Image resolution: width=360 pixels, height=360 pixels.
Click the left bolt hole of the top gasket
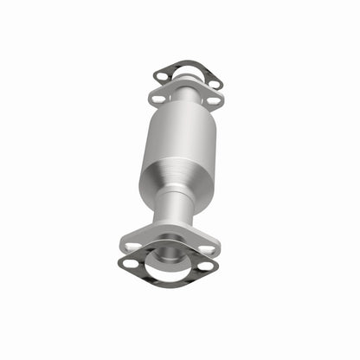[162, 76]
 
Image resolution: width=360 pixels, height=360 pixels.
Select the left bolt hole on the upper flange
[157, 100]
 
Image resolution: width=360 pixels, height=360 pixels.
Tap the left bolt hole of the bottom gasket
[130, 264]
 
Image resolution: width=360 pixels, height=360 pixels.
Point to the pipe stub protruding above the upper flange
[185, 82]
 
